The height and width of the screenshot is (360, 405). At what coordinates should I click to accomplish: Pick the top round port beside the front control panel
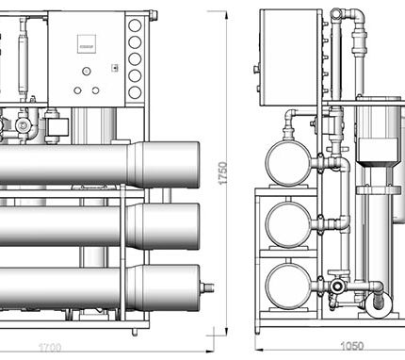pos(135,29)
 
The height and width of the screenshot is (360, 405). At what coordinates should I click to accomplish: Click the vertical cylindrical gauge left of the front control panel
pos(28,47)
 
